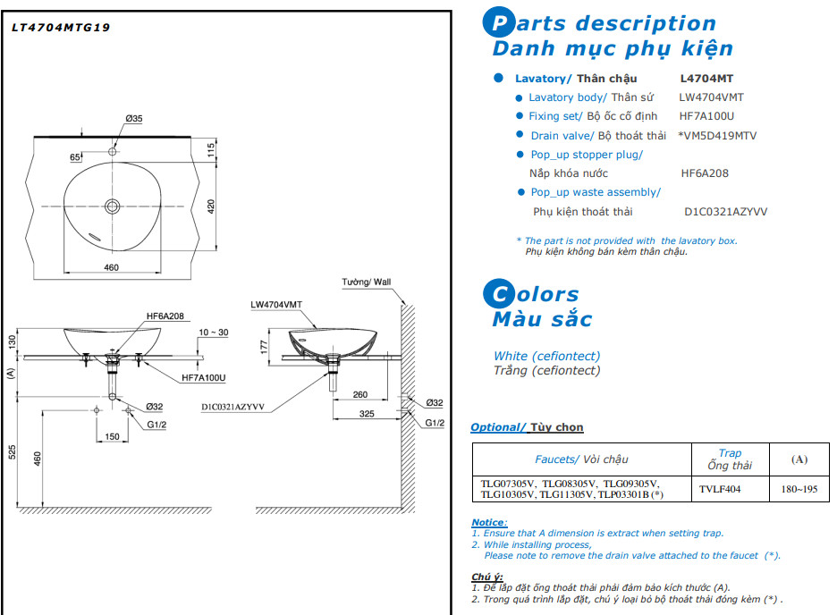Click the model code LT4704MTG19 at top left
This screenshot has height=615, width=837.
click(x=61, y=28)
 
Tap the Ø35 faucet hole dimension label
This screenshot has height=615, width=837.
click(x=134, y=118)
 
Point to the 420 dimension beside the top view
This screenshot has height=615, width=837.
click(x=212, y=207)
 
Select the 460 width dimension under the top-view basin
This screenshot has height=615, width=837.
click(x=112, y=267)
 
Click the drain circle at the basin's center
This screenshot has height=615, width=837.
click(x=113, y=206)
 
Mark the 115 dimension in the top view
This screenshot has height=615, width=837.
click(x=212, y=150)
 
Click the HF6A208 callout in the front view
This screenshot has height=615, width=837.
click(x=165, y=316)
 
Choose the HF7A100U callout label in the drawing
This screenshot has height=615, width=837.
click(x=204, y=377)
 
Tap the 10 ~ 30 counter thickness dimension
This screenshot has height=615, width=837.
click(x=214, y=333)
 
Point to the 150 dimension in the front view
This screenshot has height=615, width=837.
click(x=112, y=437)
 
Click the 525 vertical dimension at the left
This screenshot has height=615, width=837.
click(x=13, y=451)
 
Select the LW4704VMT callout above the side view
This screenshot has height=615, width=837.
click(x=276, y=305)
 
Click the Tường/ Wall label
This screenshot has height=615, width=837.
click(x=367, y=282)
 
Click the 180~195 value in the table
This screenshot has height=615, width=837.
click(x=799, y=489)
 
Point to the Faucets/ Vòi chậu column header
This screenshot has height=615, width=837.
click(x=581, y=459)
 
